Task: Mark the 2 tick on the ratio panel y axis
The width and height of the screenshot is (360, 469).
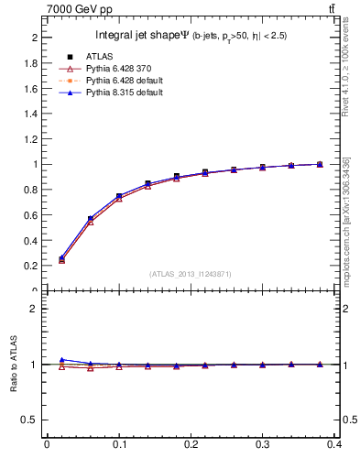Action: click(36, 309)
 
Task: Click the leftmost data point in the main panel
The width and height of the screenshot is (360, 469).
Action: click(61, 259)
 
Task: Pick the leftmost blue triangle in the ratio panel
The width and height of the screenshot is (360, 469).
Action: click(61, 360)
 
